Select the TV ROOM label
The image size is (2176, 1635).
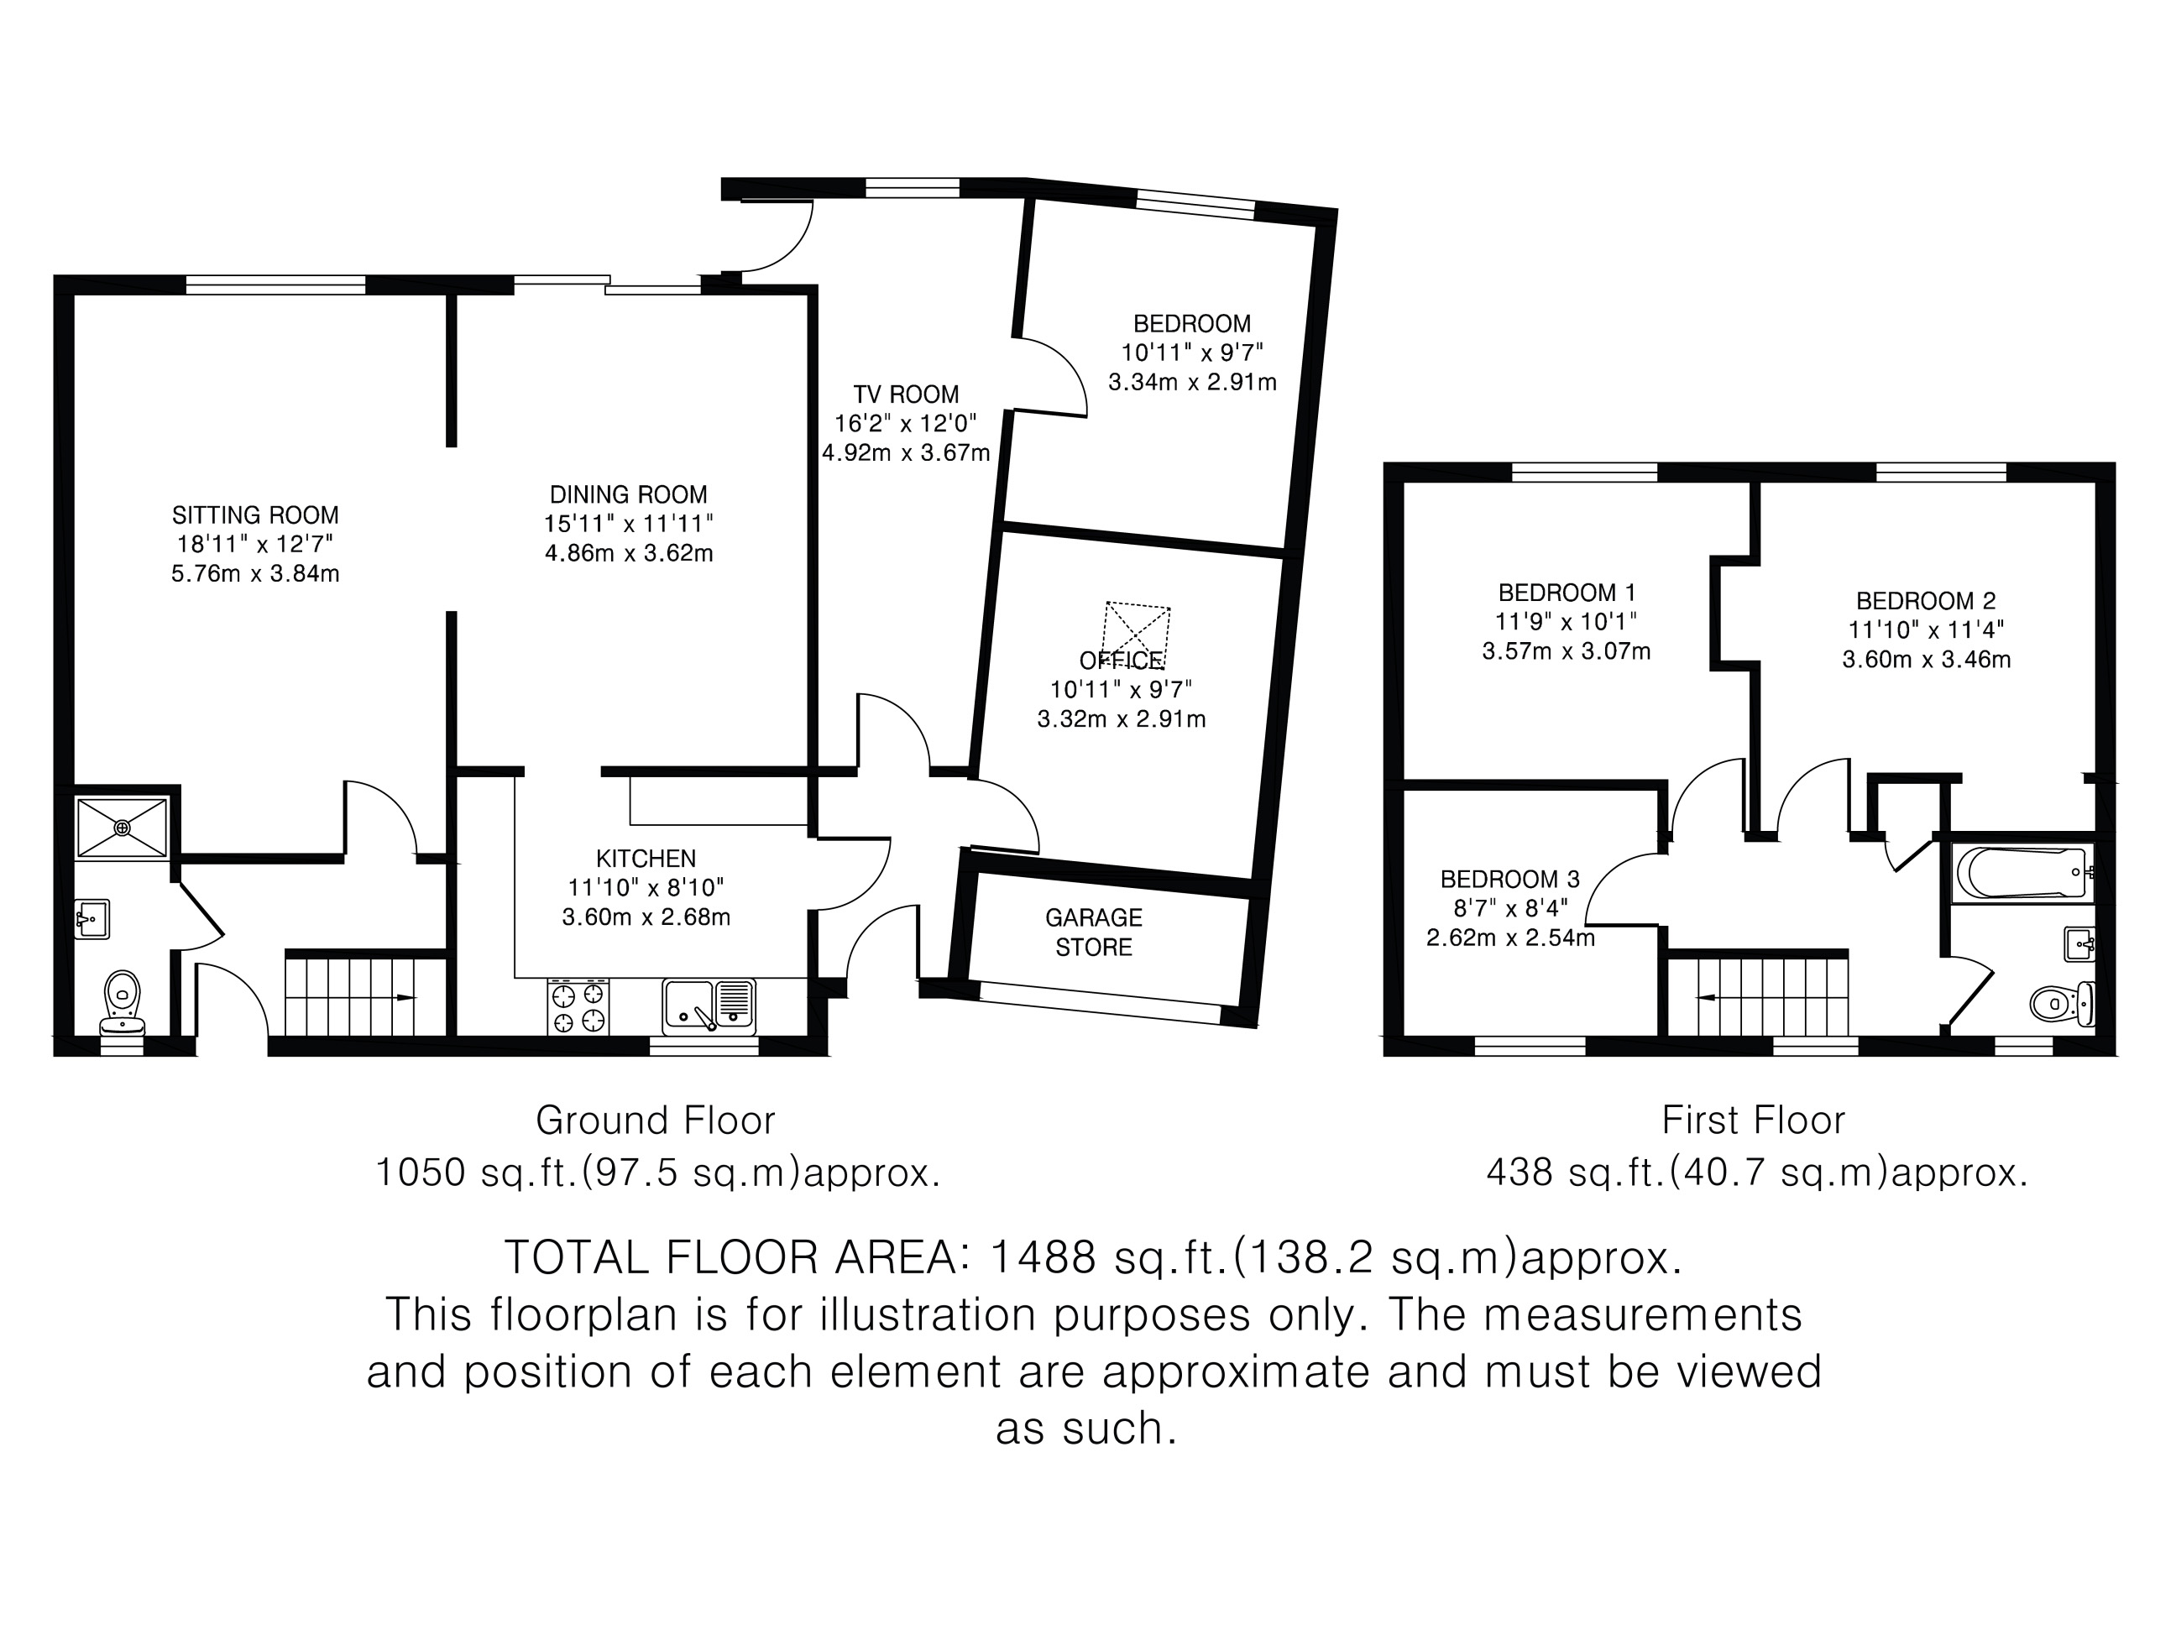pos(906,394)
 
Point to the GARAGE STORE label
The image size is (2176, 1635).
pos(1094,932)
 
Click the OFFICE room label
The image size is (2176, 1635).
pos(1122,660)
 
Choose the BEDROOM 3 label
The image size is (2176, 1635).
pos(1510,879)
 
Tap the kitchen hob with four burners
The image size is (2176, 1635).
pos(578,1006)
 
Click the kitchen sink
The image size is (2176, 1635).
pos(709,1006)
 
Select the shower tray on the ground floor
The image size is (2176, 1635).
pos(123,828)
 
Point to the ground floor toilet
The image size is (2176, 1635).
pos(122,1002)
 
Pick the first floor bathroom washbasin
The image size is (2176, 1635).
pos(2079,944)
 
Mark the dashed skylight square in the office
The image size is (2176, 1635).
pos(1136,635)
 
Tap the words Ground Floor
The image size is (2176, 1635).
pos(655,1120)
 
